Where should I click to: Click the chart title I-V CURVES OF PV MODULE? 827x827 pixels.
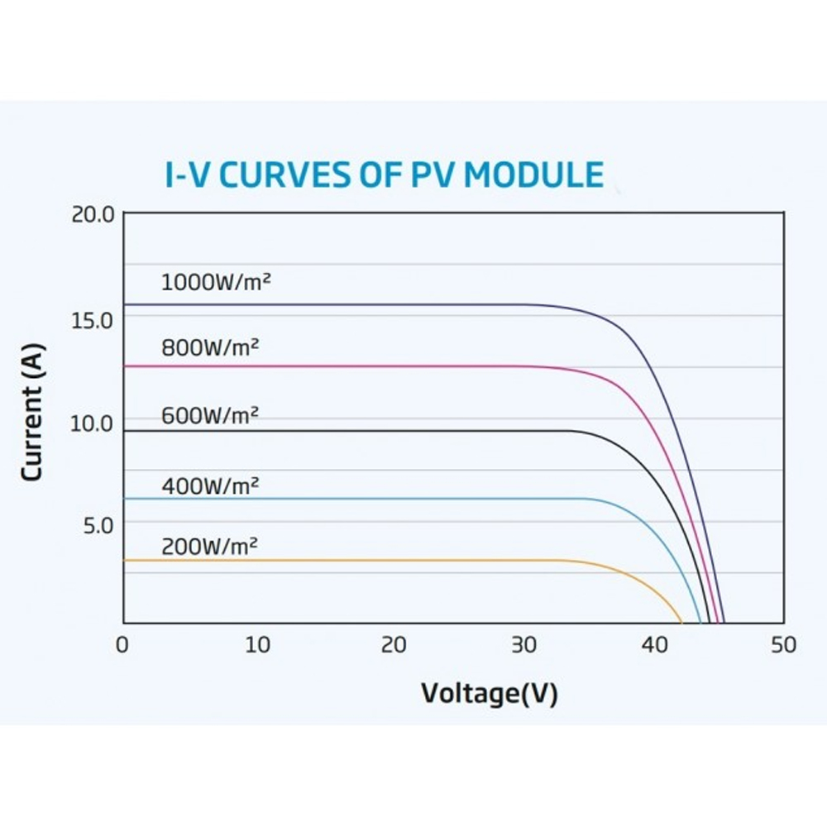coord(384,175)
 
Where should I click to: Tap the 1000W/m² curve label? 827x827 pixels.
coord(217,282)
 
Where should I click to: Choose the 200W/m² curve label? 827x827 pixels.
coord(210,546)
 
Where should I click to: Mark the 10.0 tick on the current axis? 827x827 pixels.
coord(92,423)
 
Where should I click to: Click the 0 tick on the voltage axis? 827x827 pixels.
coord(123,645)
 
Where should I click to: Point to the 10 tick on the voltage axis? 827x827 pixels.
coord(258,645)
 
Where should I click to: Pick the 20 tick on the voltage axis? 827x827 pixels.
coord(393,645)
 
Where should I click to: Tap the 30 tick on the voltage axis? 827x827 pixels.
coord(523,645)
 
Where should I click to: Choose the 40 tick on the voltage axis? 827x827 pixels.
coord(654,645)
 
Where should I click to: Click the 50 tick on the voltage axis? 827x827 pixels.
coord(782,645)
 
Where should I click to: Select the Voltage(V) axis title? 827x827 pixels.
coord(490,693)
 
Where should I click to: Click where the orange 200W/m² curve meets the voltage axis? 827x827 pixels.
coord(681,622)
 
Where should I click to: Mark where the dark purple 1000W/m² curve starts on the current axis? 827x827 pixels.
coord(125,304)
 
